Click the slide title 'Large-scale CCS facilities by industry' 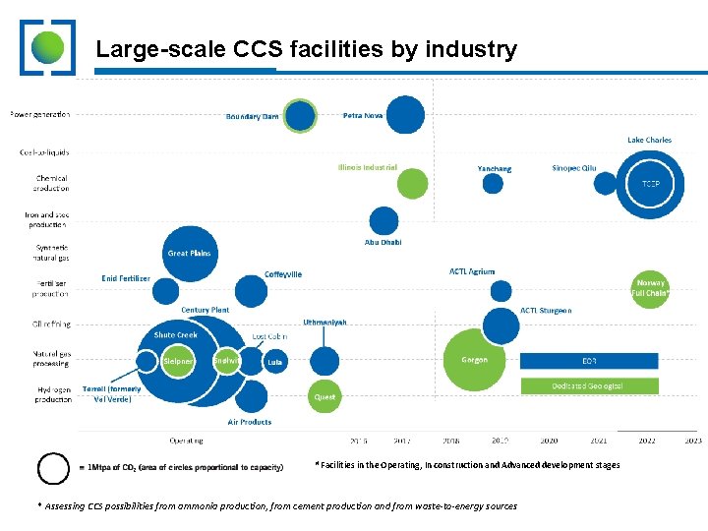click(x=305, y=49)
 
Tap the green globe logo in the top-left click(x=47, y=47)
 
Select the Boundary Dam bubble click(x=300, y=116)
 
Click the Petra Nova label click(x=362, y=115)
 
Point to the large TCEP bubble click(x=651, y=184)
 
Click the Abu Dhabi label click(x=383, y=242)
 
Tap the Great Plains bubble click(x=189, y=253)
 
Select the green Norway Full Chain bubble click(x=649, y=288)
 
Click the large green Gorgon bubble click(x=475, y=360)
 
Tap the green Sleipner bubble click(x=178, y=361)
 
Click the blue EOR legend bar click(x=588, y=361)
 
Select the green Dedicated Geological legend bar click(x=588, y=386)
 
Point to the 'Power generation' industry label click(x=40, y=114)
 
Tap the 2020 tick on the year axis click(x=549, y=441)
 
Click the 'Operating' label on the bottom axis click(x=187, y=441)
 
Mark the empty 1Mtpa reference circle click(x=53, y=468)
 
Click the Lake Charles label click(x=649, y=140)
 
